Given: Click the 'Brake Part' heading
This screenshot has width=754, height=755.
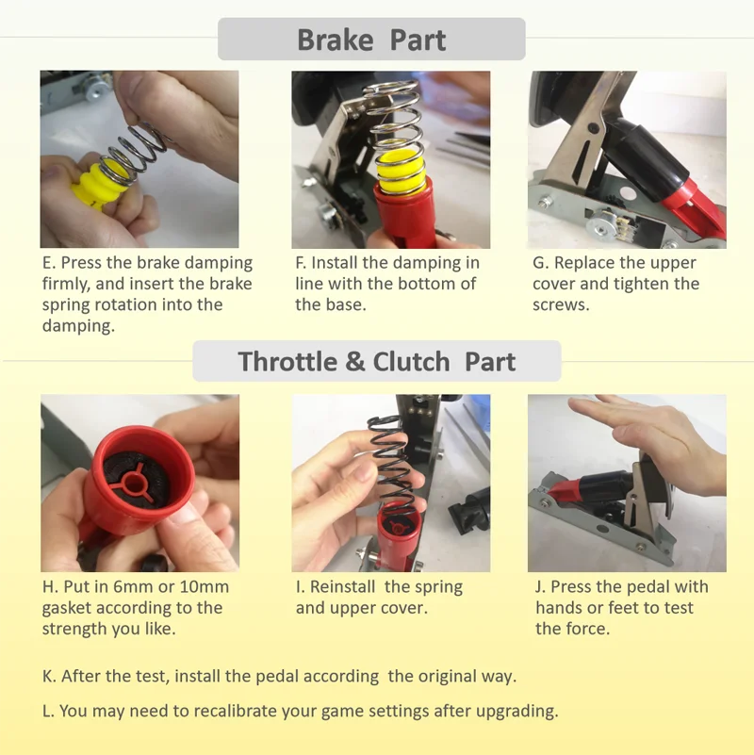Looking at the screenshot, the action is pyautogui.click(x=371, y=40).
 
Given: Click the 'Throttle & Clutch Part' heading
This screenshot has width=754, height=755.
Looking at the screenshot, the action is pyautogui.click(x=376, y=362).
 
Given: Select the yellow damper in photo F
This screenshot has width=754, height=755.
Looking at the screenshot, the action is pyautogui.click(x=400, y=171).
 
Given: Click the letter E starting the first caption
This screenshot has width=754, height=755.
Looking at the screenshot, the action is pyautogui.click(x=47, y=263).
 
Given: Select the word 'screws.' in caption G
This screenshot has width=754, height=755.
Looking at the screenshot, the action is pyautogui.click(x=561, y=305).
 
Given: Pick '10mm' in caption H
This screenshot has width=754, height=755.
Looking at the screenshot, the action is pyautogui.click(x=205, y=587).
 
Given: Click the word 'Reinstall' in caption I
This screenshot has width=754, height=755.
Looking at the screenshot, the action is pyautogui.click(x=342, y=587).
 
